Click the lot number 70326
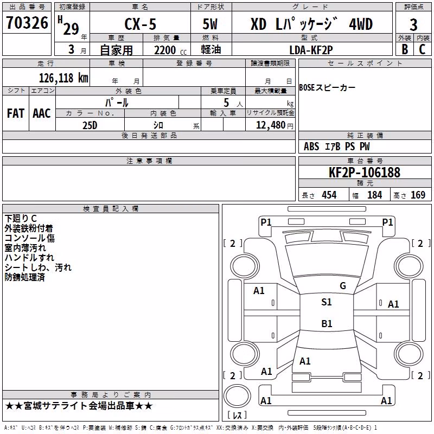coord(27,23)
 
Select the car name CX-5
coord(140,24)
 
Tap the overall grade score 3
coord(413,25)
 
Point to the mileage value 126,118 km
coord(63,78)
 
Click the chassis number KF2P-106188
coord(364,173)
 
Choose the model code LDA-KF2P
coord(311,50)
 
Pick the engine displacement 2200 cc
coord(170,50)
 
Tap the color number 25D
coord(90,125)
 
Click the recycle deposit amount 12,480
coord(270,125)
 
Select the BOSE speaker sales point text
coord(327,88)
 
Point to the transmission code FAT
coord(16,113)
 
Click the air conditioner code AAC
coord(42,113)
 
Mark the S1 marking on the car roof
coord(327,302)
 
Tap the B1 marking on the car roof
coord(327,323)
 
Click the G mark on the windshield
coord(343,286)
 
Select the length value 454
coord(329,195)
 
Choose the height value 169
coord(418,195)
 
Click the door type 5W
coord(210,24)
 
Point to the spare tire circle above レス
coord(237,396)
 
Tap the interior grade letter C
coord(422,49)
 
